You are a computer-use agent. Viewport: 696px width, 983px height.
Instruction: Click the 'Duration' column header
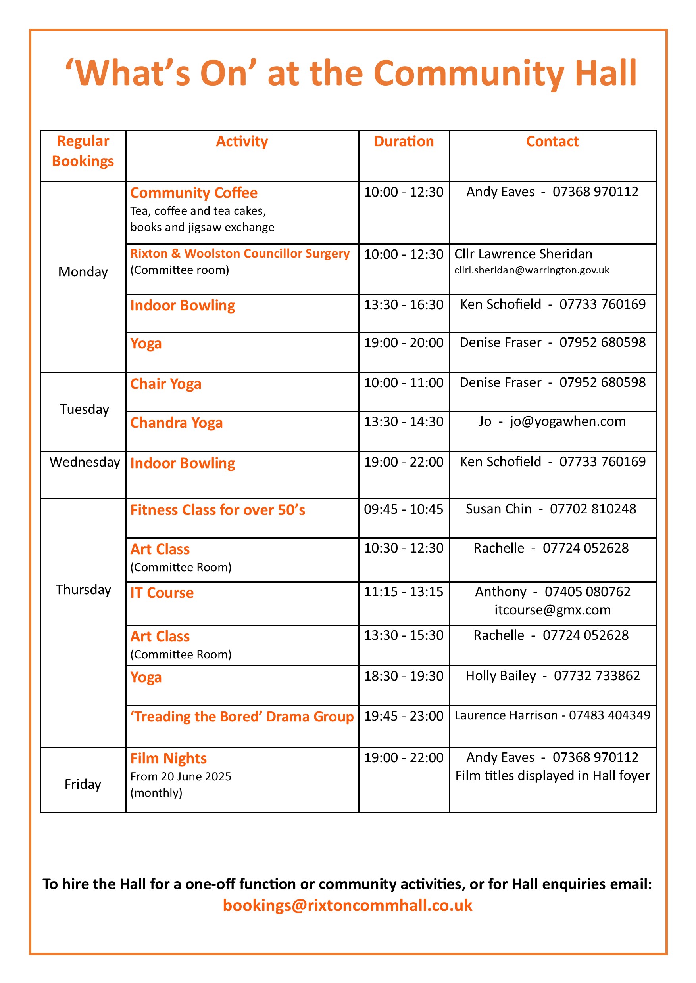pyautogui.click(x=404, y=141)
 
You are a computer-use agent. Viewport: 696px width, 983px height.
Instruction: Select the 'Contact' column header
pyautogui.click(x=552, y=141)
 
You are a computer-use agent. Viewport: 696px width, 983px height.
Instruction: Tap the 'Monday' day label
pyautogui.click(x=83, y=272)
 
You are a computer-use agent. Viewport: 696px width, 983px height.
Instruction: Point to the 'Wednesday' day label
pyautogui.click(x=85, y=462)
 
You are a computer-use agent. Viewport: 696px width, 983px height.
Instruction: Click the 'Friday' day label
pyautogui.click(x=83, y=784)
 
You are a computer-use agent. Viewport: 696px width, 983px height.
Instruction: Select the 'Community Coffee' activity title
pyautogui.click(x=194, y=193)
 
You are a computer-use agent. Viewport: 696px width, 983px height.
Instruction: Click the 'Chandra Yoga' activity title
pyautogui.click(x=177, y=423)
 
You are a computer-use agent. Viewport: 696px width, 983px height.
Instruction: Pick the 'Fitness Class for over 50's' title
pyautogui.click(x=218, y=510)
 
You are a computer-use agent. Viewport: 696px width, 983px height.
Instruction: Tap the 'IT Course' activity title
pyautogui.click(x=162, y=593)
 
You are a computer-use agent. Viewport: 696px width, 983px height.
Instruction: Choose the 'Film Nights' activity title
pyautogui.click(x=168, y=758)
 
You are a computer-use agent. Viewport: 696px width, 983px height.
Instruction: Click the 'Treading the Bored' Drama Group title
pyautogui.click(x=242, y=717)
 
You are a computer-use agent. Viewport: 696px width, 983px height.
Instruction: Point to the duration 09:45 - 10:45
pyautogui.click(x=404, y=509)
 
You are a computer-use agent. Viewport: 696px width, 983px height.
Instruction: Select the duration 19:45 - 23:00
pyautogui.click(x=404, y=716)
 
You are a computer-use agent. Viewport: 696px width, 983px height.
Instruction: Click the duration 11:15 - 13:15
pyautogui.click(x=404, y=592)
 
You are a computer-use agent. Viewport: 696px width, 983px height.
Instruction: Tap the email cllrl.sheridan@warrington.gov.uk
pyautogui.click(x=531, y=270)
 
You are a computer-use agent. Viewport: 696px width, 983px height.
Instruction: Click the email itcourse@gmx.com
pyautogui.click(x=552, y=610)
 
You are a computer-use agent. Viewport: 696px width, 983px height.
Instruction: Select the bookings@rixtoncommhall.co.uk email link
pyautogui.click(x=348, y=905)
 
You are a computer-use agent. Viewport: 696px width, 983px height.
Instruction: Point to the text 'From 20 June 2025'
pyautogui.click(x=181, y=776)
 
